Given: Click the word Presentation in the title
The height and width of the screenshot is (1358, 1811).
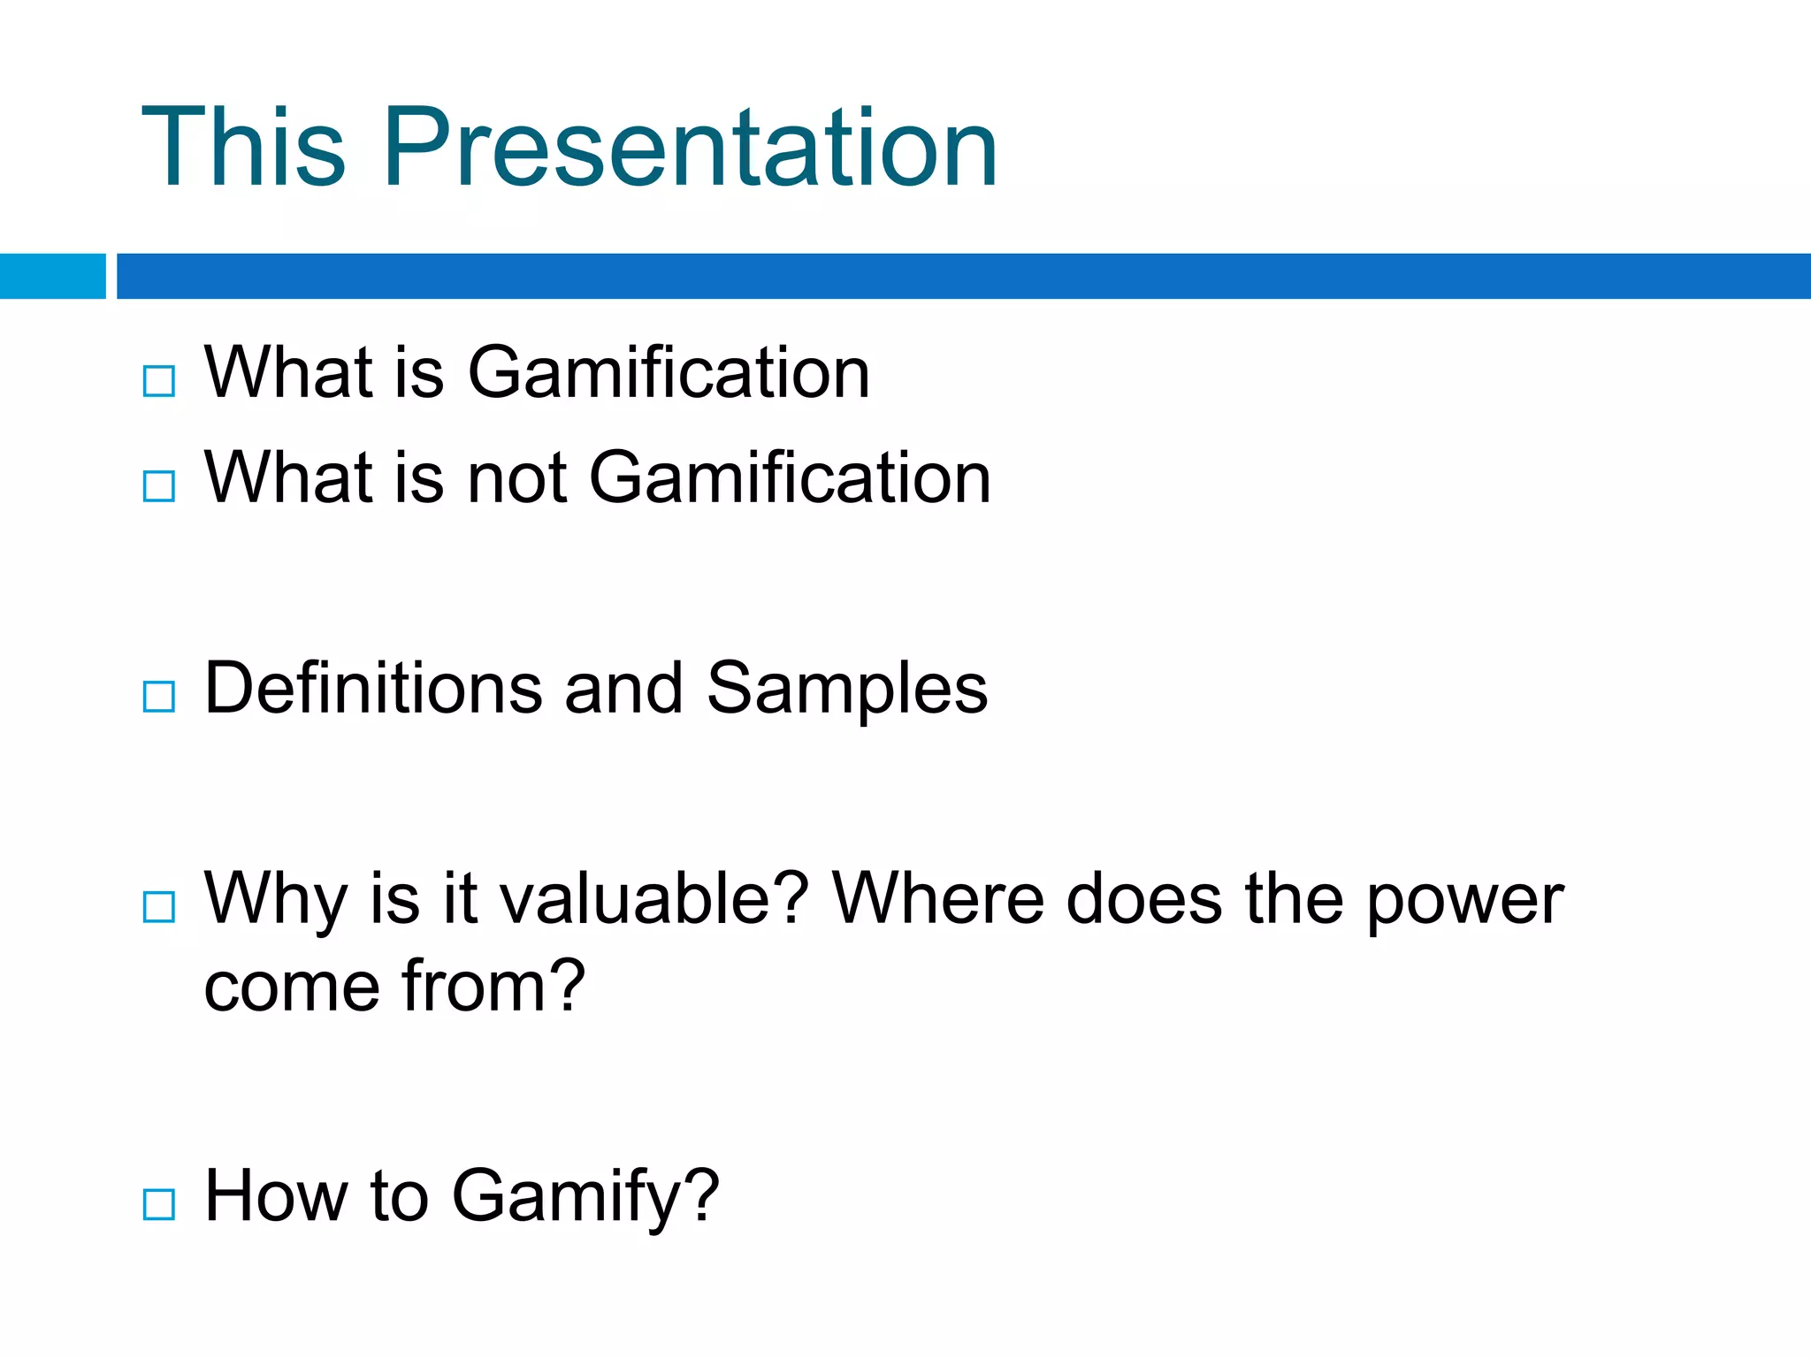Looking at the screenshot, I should [x=690, y=148].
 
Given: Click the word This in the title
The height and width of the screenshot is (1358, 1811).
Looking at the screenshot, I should [x=243, y=148].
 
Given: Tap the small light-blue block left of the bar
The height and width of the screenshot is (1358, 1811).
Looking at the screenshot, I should [x=52, y=276].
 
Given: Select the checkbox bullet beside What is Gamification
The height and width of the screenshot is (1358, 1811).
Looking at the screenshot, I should [x=159, y=381].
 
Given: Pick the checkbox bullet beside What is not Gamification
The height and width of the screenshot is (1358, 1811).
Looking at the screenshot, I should [x=159, y=486].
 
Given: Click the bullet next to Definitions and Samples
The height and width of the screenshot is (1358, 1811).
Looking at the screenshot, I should [x=159, y=697].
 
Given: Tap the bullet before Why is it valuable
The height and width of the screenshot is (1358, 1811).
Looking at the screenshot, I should [x=159, y=907].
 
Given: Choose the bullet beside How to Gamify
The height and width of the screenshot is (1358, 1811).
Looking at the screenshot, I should [x=159, y=1204].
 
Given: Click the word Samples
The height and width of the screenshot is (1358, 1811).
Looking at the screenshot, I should [x=846, y=690].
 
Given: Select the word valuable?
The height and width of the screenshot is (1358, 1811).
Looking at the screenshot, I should [x=654, y=899].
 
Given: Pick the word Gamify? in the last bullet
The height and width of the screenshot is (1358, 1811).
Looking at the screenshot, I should [x=585, y=1197].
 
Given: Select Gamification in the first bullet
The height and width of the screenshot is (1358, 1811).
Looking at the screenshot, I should [x=669, y=373].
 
